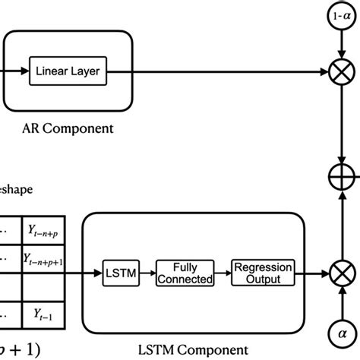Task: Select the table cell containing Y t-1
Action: click(x=44, y=312)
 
